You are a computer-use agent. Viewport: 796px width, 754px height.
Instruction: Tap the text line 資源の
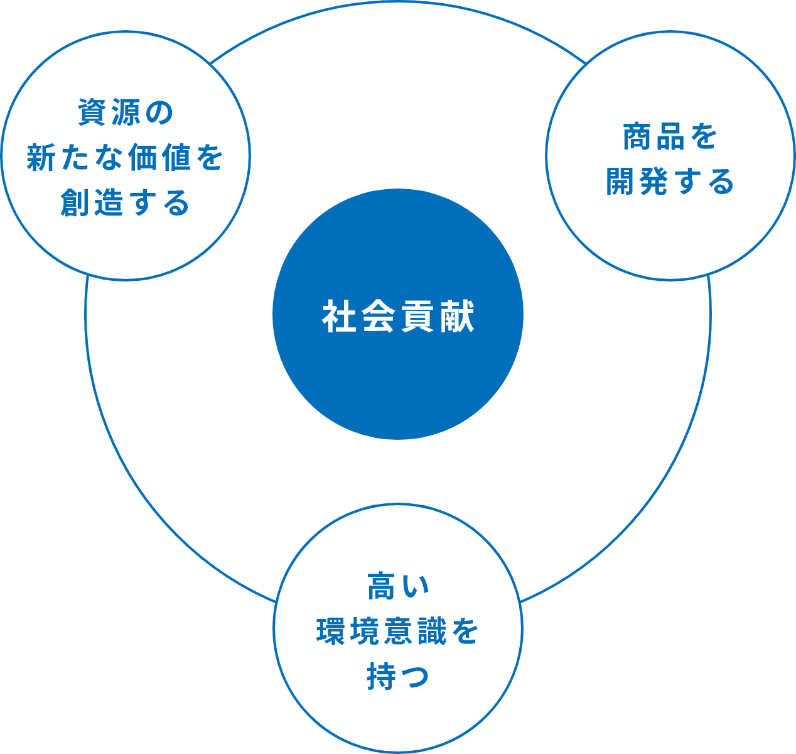click(125, 112)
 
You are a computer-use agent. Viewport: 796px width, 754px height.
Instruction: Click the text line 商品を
click(670, 136)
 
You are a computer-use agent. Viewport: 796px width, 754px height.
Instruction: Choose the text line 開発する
click(670, 182)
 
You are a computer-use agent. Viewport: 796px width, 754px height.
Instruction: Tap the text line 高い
click(398, 586)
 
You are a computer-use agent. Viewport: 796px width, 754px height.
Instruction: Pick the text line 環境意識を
click(398, 631)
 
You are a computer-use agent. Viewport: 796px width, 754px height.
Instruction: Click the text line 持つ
click(398, 677)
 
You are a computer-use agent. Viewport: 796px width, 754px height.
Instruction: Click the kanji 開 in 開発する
click(621, 182)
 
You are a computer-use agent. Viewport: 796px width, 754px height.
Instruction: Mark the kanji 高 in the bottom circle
click(381, 586)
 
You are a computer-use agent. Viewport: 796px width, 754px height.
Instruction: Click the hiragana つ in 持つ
click(415, 677)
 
